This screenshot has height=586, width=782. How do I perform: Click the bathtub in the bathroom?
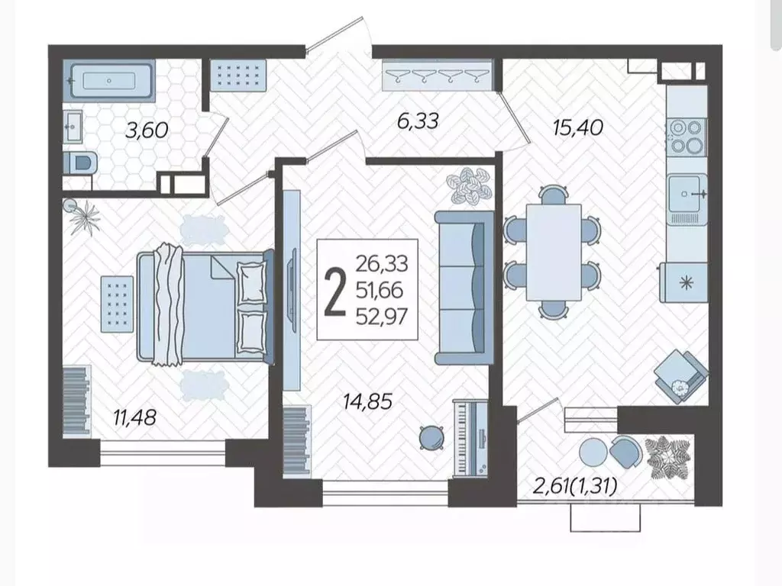pyautogui.click(x=109, y=80)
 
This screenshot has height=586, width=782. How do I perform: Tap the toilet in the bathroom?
pyautogui.click(x=80, y=163)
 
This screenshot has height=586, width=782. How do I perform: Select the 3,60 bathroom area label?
pyautogui.click(x=147, y=130)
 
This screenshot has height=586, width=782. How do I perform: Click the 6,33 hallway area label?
pyautogui.click(x=418, y=121)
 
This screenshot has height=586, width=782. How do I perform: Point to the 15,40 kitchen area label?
pyautogui.click(x=578, y=127)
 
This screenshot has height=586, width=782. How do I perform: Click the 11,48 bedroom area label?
pyautogui.click(x=134, y=417)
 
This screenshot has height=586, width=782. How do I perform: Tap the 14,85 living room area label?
pyautogui.click(x=367, y=401)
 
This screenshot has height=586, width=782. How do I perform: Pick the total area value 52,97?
pyautogui.click(x=382, y=317)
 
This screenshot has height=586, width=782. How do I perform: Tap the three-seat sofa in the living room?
pyautogui.click(x=464, y=288)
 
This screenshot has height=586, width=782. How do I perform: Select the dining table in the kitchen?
pyautogui.click(x=554, y=252)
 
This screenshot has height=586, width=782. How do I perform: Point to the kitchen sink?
pyautogui.click(x=688, y=194)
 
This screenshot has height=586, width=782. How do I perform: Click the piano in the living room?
pyautogui.click(x=470, y=439)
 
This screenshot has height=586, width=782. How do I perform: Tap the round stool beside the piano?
pyautogui.click(x=431, y=437)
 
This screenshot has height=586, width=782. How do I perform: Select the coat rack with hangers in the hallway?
pyautogui.click(x=438, y=76)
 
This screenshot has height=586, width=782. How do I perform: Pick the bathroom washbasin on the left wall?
pyautogui.click(x=73, y=127)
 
